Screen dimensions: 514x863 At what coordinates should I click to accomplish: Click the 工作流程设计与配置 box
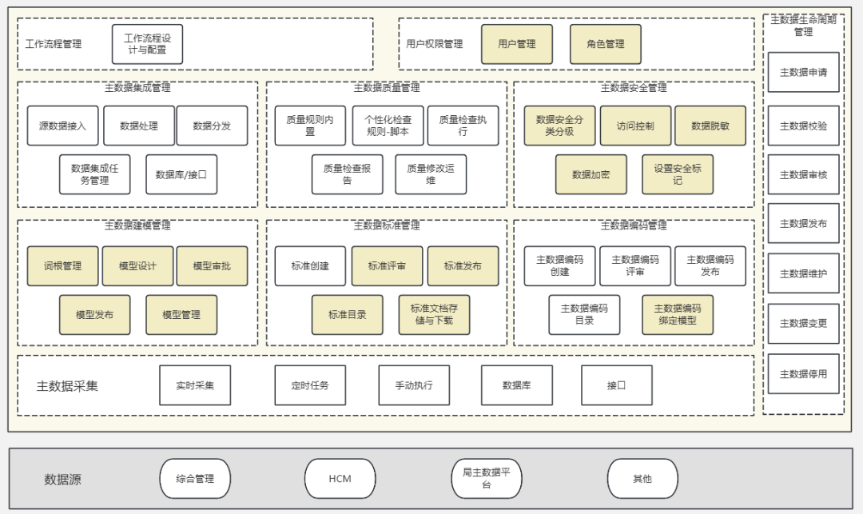[x=147, y=44]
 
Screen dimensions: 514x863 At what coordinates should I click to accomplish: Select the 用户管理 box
[x=516, y=44]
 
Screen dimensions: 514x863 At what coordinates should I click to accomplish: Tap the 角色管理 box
[x=605, y=44]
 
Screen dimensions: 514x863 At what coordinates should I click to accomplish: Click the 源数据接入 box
[x=62, y=126]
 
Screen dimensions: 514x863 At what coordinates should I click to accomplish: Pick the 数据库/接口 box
[x=181, y=174]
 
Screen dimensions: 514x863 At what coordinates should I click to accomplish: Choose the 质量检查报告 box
[x=347, y=174]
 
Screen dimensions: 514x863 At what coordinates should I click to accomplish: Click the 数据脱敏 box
[x=710, y=126]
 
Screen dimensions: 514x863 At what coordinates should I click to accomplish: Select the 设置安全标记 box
[x=678, y=174]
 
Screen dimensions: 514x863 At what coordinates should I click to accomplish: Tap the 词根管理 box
[x=62, y=266]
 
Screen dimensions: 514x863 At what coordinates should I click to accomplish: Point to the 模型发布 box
[x=94, y=315]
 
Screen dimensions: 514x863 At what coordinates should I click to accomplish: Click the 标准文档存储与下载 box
[x=434, y=315]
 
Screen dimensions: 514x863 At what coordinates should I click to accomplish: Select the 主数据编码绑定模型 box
[x=678, y=315]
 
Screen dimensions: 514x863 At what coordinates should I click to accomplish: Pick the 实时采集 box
[x=195, y=385]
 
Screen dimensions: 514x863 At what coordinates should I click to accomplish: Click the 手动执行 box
[x=414, y=385]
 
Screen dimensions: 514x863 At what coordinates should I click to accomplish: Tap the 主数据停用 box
[x=803, y=373]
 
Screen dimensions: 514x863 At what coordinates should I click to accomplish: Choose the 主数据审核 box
[x=803, y=174]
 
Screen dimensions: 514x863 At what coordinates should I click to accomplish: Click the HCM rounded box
[x=340, y=479]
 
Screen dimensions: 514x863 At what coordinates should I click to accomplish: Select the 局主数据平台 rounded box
[x=486, y=479]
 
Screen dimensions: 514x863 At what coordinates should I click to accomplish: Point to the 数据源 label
[x=62, y=480]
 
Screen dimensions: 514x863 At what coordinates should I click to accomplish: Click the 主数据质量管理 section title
[x=387, y=88]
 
